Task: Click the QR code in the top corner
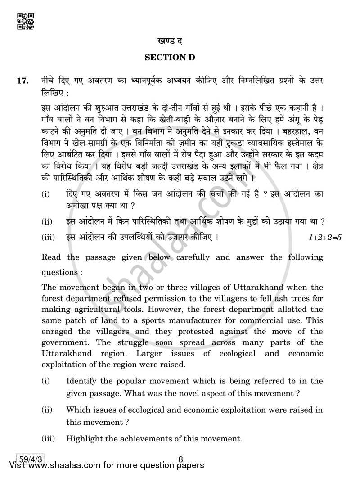(x=25, y=21)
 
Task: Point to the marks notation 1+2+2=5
(x=325, y=237)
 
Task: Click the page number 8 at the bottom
(x=180, y=459)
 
